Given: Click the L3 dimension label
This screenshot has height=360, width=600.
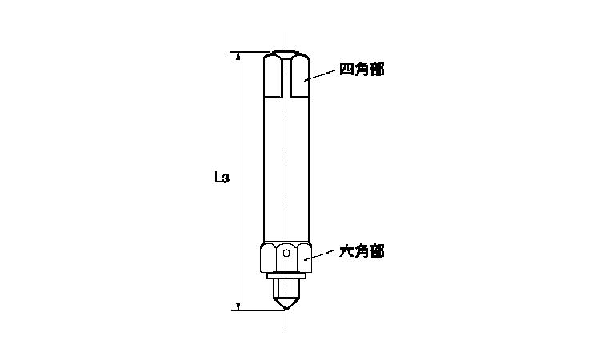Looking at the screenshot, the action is [222, 177].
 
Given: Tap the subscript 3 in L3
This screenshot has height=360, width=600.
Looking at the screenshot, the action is [226, 178].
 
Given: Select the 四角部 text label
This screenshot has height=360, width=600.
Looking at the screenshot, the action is [362, 70].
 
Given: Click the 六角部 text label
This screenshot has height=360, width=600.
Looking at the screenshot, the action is [362, 251].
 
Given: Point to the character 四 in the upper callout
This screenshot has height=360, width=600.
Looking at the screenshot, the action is [346, 70].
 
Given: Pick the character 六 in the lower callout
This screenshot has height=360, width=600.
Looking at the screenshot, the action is [346, 251].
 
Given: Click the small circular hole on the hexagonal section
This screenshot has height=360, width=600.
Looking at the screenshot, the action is [286, 253].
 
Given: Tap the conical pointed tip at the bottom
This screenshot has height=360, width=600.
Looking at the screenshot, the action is [286, 305].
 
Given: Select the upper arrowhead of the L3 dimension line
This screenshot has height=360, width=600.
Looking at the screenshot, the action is [238, 56].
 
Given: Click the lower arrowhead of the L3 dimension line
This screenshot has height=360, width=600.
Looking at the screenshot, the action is [238, 306].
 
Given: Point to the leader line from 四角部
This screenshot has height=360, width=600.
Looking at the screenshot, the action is [320, 75].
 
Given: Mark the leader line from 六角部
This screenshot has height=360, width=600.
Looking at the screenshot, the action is [320, 255].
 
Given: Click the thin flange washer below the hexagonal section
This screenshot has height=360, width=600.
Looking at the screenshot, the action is [286, 275].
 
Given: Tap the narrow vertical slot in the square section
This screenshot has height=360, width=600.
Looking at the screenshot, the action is [286, 77].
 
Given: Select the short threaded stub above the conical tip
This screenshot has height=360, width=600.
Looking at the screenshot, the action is [286, 289].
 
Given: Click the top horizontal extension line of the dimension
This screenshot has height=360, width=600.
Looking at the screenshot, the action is [250, 52].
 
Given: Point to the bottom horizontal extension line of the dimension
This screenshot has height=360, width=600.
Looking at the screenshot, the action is [258, 310].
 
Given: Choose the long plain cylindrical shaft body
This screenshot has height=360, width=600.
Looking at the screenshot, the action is [286, 168].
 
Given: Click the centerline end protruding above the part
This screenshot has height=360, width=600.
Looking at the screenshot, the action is [286, 42].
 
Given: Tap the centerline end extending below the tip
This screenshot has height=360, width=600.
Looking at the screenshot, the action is [286, 319].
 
